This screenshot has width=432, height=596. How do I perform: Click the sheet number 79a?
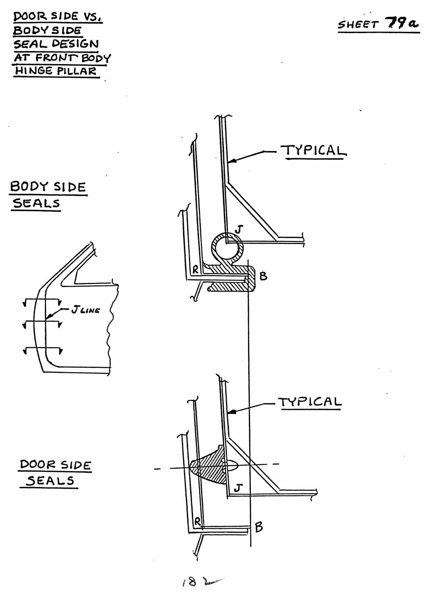[x=401, y=23]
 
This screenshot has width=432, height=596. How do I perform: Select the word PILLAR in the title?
[x=76, y=71]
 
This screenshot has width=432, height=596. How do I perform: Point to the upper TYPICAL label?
[x=314, y=151]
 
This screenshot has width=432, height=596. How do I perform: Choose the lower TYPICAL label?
[x=310, y=402]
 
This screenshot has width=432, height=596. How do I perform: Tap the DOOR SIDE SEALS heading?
[x=55, y=473]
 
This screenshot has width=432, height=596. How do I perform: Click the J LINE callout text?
[x=86, y=310]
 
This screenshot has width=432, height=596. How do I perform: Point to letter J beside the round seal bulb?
[x=239, y=229]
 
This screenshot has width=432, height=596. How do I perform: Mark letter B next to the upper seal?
[x=263, y=276]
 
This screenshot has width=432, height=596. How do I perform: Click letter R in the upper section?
[x=195, y=270]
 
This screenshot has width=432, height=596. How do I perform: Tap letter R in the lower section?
[x=197, y=521]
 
